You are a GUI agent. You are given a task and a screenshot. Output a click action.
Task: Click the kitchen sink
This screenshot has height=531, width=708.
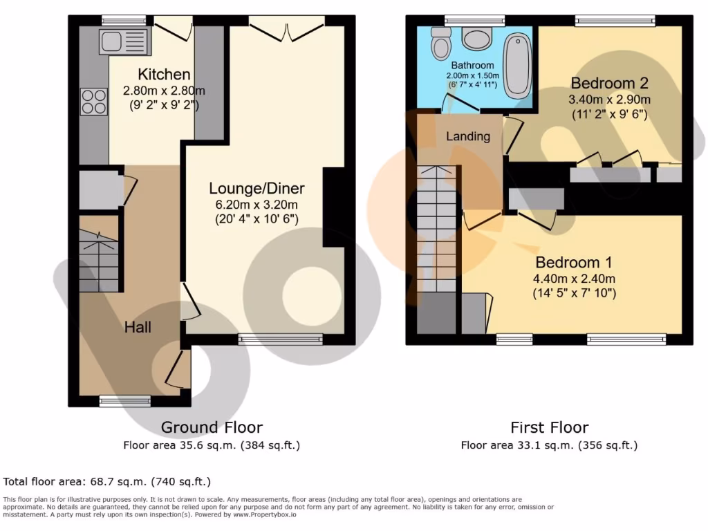pos(124,41)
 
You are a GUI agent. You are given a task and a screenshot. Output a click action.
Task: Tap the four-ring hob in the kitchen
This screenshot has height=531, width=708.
pos(95,102)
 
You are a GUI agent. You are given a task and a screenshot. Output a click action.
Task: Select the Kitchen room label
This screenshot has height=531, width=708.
pos(164,75)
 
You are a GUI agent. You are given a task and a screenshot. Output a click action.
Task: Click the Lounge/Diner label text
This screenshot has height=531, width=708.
pos(257,188)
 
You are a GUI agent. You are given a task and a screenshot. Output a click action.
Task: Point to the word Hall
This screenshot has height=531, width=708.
pos(138,326)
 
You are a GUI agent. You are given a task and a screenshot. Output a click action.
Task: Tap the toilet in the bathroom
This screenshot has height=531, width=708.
pos(440,44)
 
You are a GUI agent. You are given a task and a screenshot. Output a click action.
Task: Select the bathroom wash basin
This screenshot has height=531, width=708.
pos(477,39)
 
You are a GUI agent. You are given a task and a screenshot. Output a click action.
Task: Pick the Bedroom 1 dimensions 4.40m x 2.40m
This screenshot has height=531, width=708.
pos(575,279)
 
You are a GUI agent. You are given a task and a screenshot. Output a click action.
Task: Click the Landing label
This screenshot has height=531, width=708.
pos(467,136)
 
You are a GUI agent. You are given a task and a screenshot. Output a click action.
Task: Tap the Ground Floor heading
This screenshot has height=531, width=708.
pos(212,427)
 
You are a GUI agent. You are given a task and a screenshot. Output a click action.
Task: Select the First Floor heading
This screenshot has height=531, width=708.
pos(549,427)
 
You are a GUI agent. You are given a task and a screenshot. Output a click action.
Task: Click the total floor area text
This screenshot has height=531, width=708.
pos(107,481)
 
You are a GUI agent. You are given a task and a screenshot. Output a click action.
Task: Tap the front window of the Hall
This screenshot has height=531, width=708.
pos(125,400)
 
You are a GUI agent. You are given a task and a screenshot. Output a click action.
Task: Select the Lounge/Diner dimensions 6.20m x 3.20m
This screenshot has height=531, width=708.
pos(257,205)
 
